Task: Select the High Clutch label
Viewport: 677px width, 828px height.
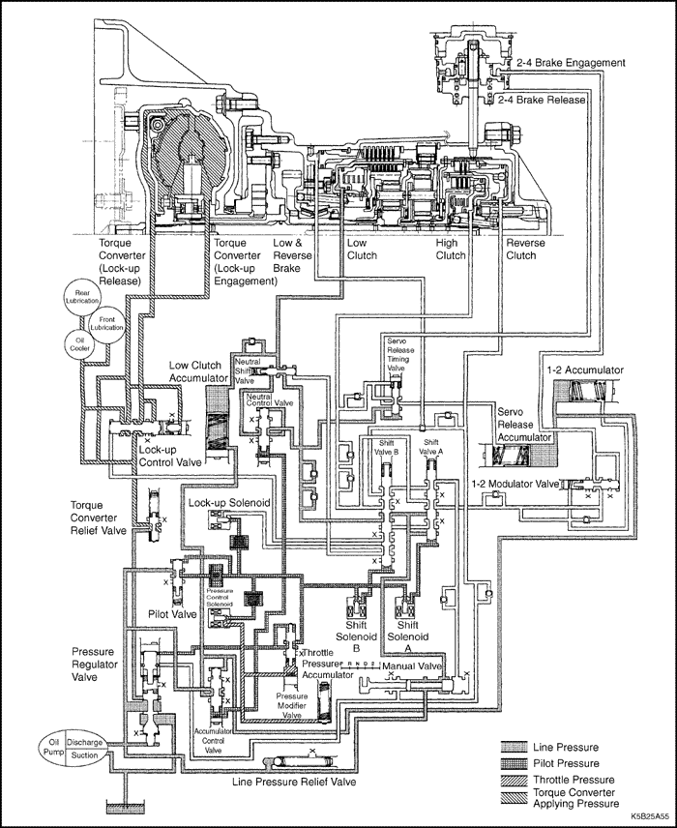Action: tap(452, 249)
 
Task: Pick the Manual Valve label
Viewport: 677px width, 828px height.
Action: tap(411, 666)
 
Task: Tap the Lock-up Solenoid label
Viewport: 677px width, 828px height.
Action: tap(227, 504)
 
